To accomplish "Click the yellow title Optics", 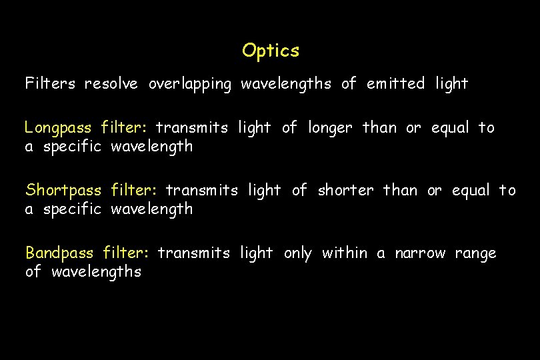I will point(271,51).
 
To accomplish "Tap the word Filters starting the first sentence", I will point(50,84).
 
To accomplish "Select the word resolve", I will point(111,84).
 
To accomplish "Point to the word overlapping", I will point(190,85).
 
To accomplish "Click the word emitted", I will point(395,84).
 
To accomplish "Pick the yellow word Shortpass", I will point(63,191).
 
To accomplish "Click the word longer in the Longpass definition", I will point(331,128).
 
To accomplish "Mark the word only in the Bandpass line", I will point(297,254).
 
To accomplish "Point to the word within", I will point(345,253).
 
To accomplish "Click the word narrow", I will point(420,253).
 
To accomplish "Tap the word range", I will point(476,254).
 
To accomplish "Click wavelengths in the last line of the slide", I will point(96,272).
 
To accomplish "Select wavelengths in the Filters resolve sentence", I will point(285,85).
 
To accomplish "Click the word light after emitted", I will point(452,84).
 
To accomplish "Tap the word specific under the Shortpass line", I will point(73,209).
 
